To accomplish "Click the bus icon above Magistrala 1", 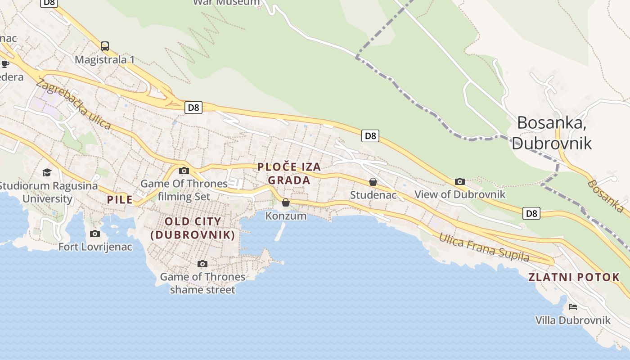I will pos(105,46).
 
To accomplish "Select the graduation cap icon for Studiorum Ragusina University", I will pos(47,172).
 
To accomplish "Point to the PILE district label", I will pos(120,200).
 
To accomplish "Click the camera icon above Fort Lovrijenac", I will pos(95,234).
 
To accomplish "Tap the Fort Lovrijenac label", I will pos(95,247).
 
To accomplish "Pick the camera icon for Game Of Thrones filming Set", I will pos(184,171).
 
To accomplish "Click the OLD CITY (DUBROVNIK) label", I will pos(193,228).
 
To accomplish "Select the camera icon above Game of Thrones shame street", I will pos(202,264).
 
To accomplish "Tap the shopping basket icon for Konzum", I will pos(286,203).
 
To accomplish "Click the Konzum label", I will pos(286,216).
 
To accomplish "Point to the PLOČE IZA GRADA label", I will pos(289,174).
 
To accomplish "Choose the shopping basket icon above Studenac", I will pos(373,182).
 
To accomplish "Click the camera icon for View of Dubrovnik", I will pos(459,181).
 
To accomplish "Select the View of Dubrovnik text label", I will pos(459,194).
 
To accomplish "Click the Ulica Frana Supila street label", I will pos(484,247).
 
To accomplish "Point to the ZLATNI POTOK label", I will pos(574,277).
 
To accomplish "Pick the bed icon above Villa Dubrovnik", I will pos(572,307).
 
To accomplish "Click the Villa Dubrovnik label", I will pos(572,320).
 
